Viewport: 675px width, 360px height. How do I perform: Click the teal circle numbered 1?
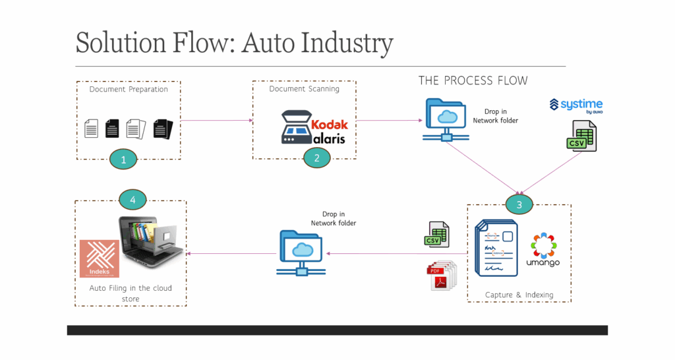pos(123,160)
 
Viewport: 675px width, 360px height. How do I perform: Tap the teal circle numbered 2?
pos(317,158)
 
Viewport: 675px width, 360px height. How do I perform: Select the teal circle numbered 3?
pos(519,204)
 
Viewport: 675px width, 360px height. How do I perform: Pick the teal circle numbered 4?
pos(132,199)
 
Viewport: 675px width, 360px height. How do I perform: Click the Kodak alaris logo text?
pos(330,132)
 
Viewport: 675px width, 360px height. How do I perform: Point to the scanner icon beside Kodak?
pos(296,127)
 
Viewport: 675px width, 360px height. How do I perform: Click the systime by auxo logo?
pos(576,106)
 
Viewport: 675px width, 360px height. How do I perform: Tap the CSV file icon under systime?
pos(581,136)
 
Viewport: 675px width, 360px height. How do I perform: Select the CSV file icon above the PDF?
pos(436,235)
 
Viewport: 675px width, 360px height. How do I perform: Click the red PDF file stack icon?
pos(441,276)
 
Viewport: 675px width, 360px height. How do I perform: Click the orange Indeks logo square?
pos(100,258)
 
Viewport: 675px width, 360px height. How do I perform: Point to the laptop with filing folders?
pos(151,241)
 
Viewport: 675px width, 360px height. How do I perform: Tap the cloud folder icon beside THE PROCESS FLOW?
pos(446,120)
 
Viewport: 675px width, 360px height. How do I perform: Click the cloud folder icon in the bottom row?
pos(301,253)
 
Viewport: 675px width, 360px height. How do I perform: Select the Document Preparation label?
pos(129,89)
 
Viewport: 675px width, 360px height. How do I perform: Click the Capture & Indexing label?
pos(519,295)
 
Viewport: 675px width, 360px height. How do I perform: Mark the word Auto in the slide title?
pos(267,43)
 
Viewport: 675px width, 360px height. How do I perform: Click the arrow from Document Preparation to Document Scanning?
pos(217,121)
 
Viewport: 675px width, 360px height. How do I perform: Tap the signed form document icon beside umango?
pos(496,248)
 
